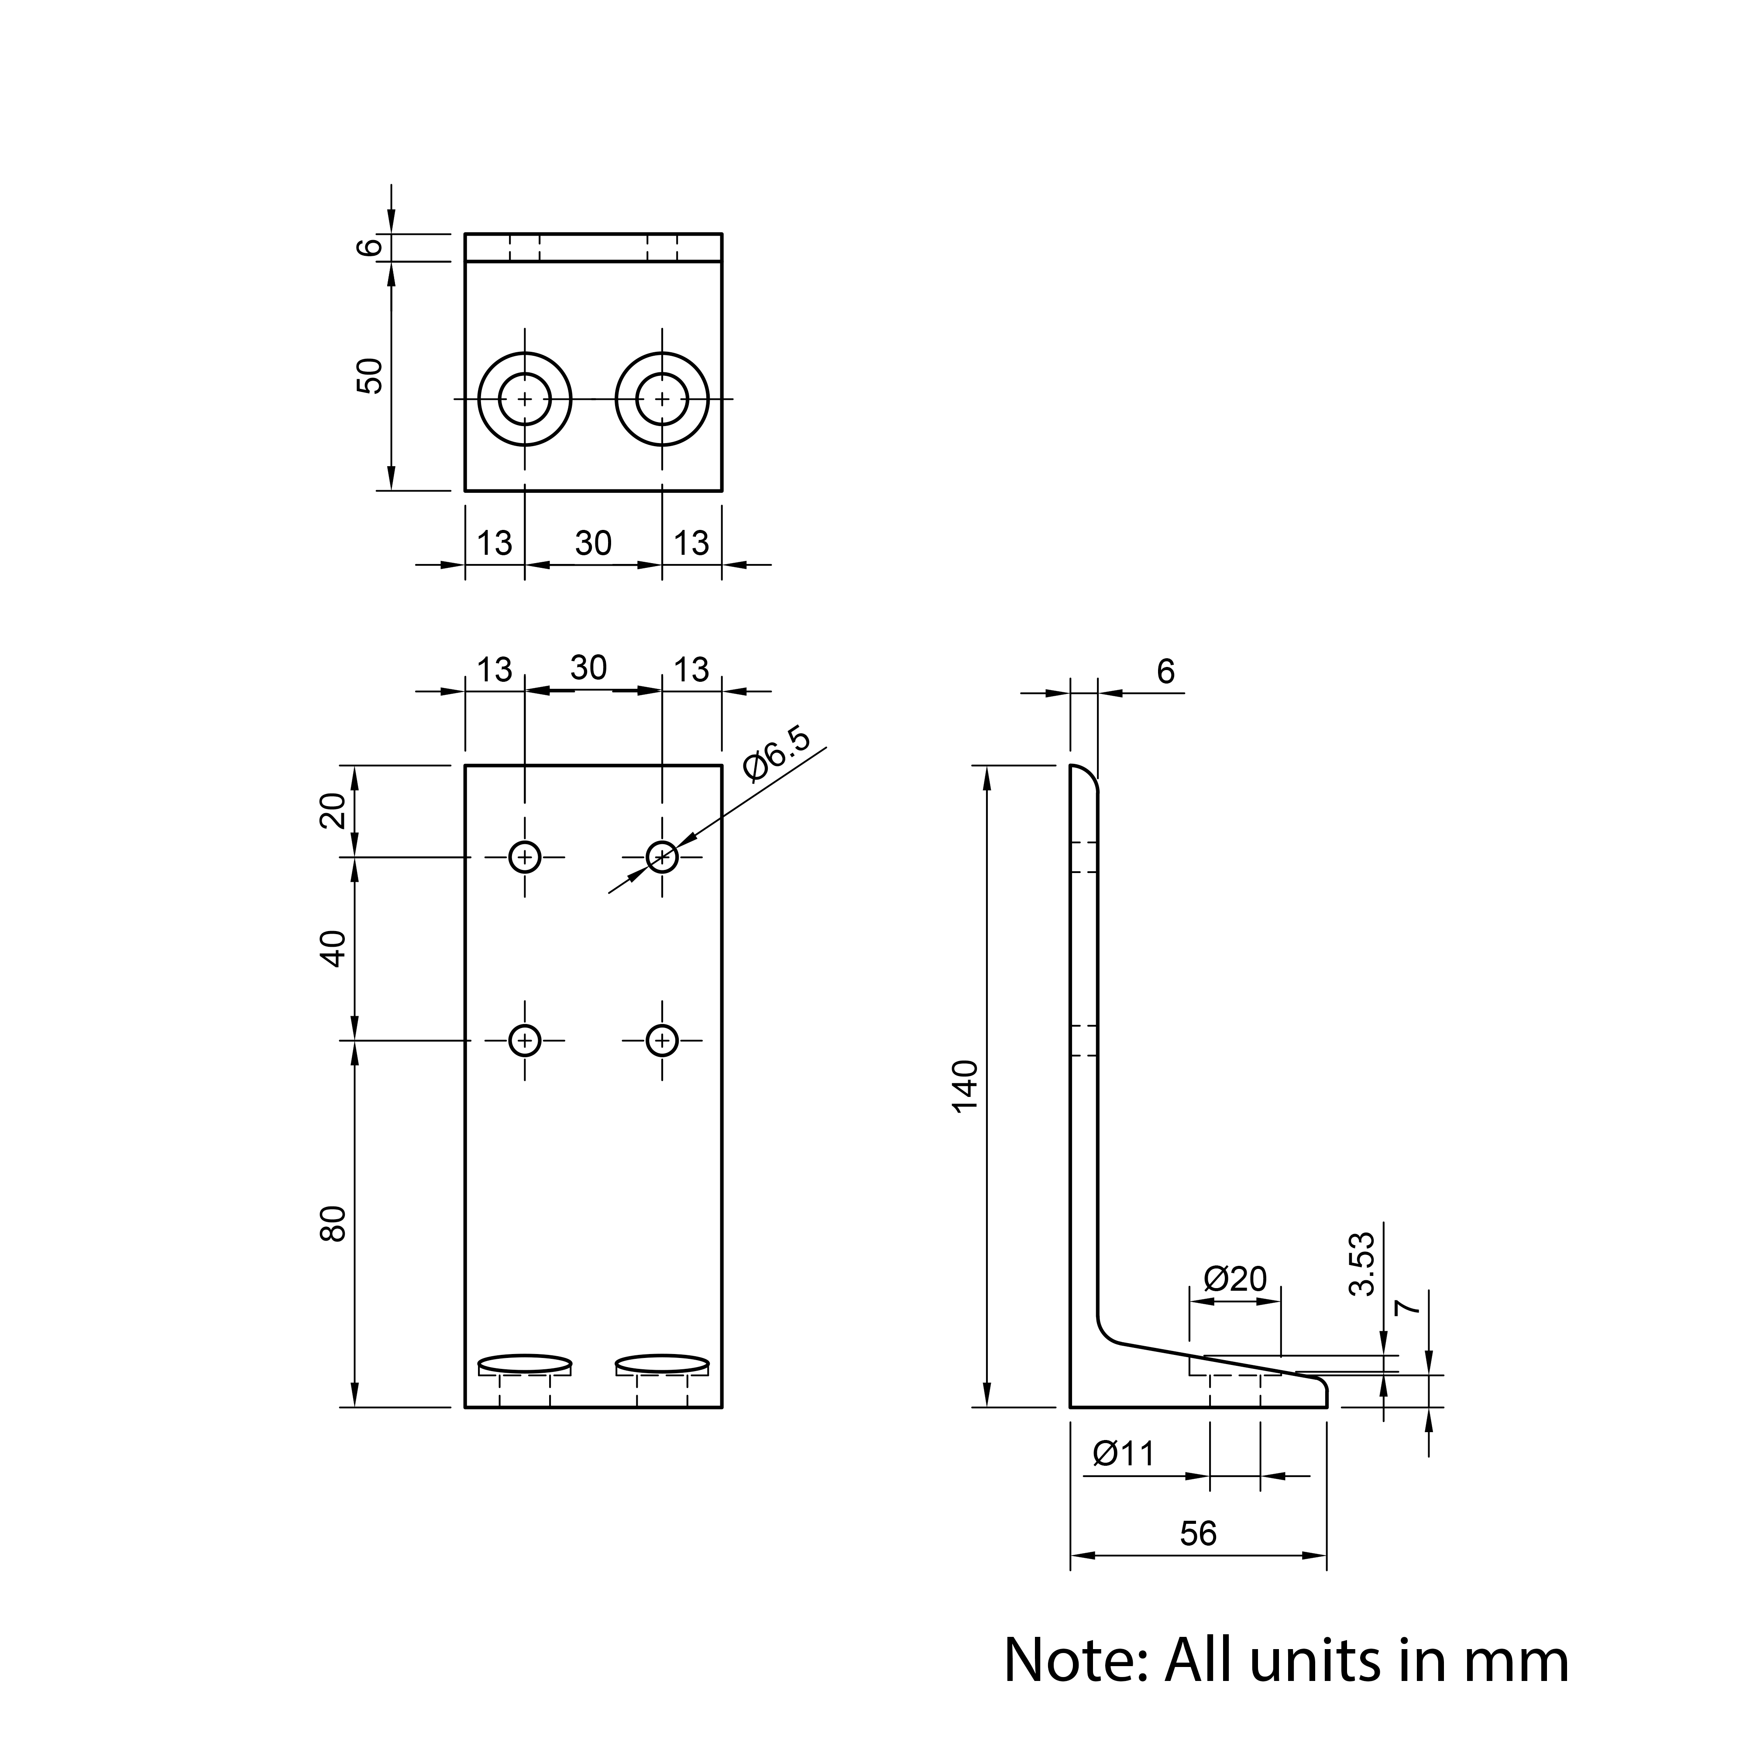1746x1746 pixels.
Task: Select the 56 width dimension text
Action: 1198,1533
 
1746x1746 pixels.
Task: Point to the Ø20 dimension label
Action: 1235,1279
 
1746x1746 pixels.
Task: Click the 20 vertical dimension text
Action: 333,811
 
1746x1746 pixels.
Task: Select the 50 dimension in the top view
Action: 370,376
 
